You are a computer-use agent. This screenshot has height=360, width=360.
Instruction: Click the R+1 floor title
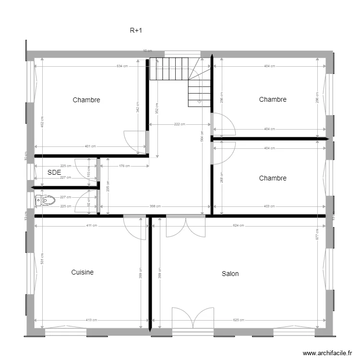pos(136,31)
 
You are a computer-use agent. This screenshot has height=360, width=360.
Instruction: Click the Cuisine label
pos(83,272)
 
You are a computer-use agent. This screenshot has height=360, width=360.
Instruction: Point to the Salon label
pos(230,274)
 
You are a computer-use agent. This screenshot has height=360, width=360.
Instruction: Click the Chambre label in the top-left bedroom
pos(86,100)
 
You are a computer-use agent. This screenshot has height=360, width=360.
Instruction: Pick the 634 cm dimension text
pos(122,66)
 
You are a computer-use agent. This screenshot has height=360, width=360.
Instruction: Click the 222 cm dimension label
pos(180,124)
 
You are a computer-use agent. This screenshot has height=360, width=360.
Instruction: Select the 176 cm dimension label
pos(124,166)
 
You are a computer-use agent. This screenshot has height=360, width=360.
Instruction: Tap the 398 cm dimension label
pos(155,206)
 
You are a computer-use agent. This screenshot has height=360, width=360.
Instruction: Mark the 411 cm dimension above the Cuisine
pos(92,225)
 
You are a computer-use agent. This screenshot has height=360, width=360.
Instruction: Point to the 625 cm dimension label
pos(239,320)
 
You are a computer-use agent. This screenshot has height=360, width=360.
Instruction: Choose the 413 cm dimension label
pos(92,320)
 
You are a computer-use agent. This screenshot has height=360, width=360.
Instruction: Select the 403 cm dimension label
pos(269,206)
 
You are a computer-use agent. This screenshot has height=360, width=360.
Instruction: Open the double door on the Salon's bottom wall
pos(192,318)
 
